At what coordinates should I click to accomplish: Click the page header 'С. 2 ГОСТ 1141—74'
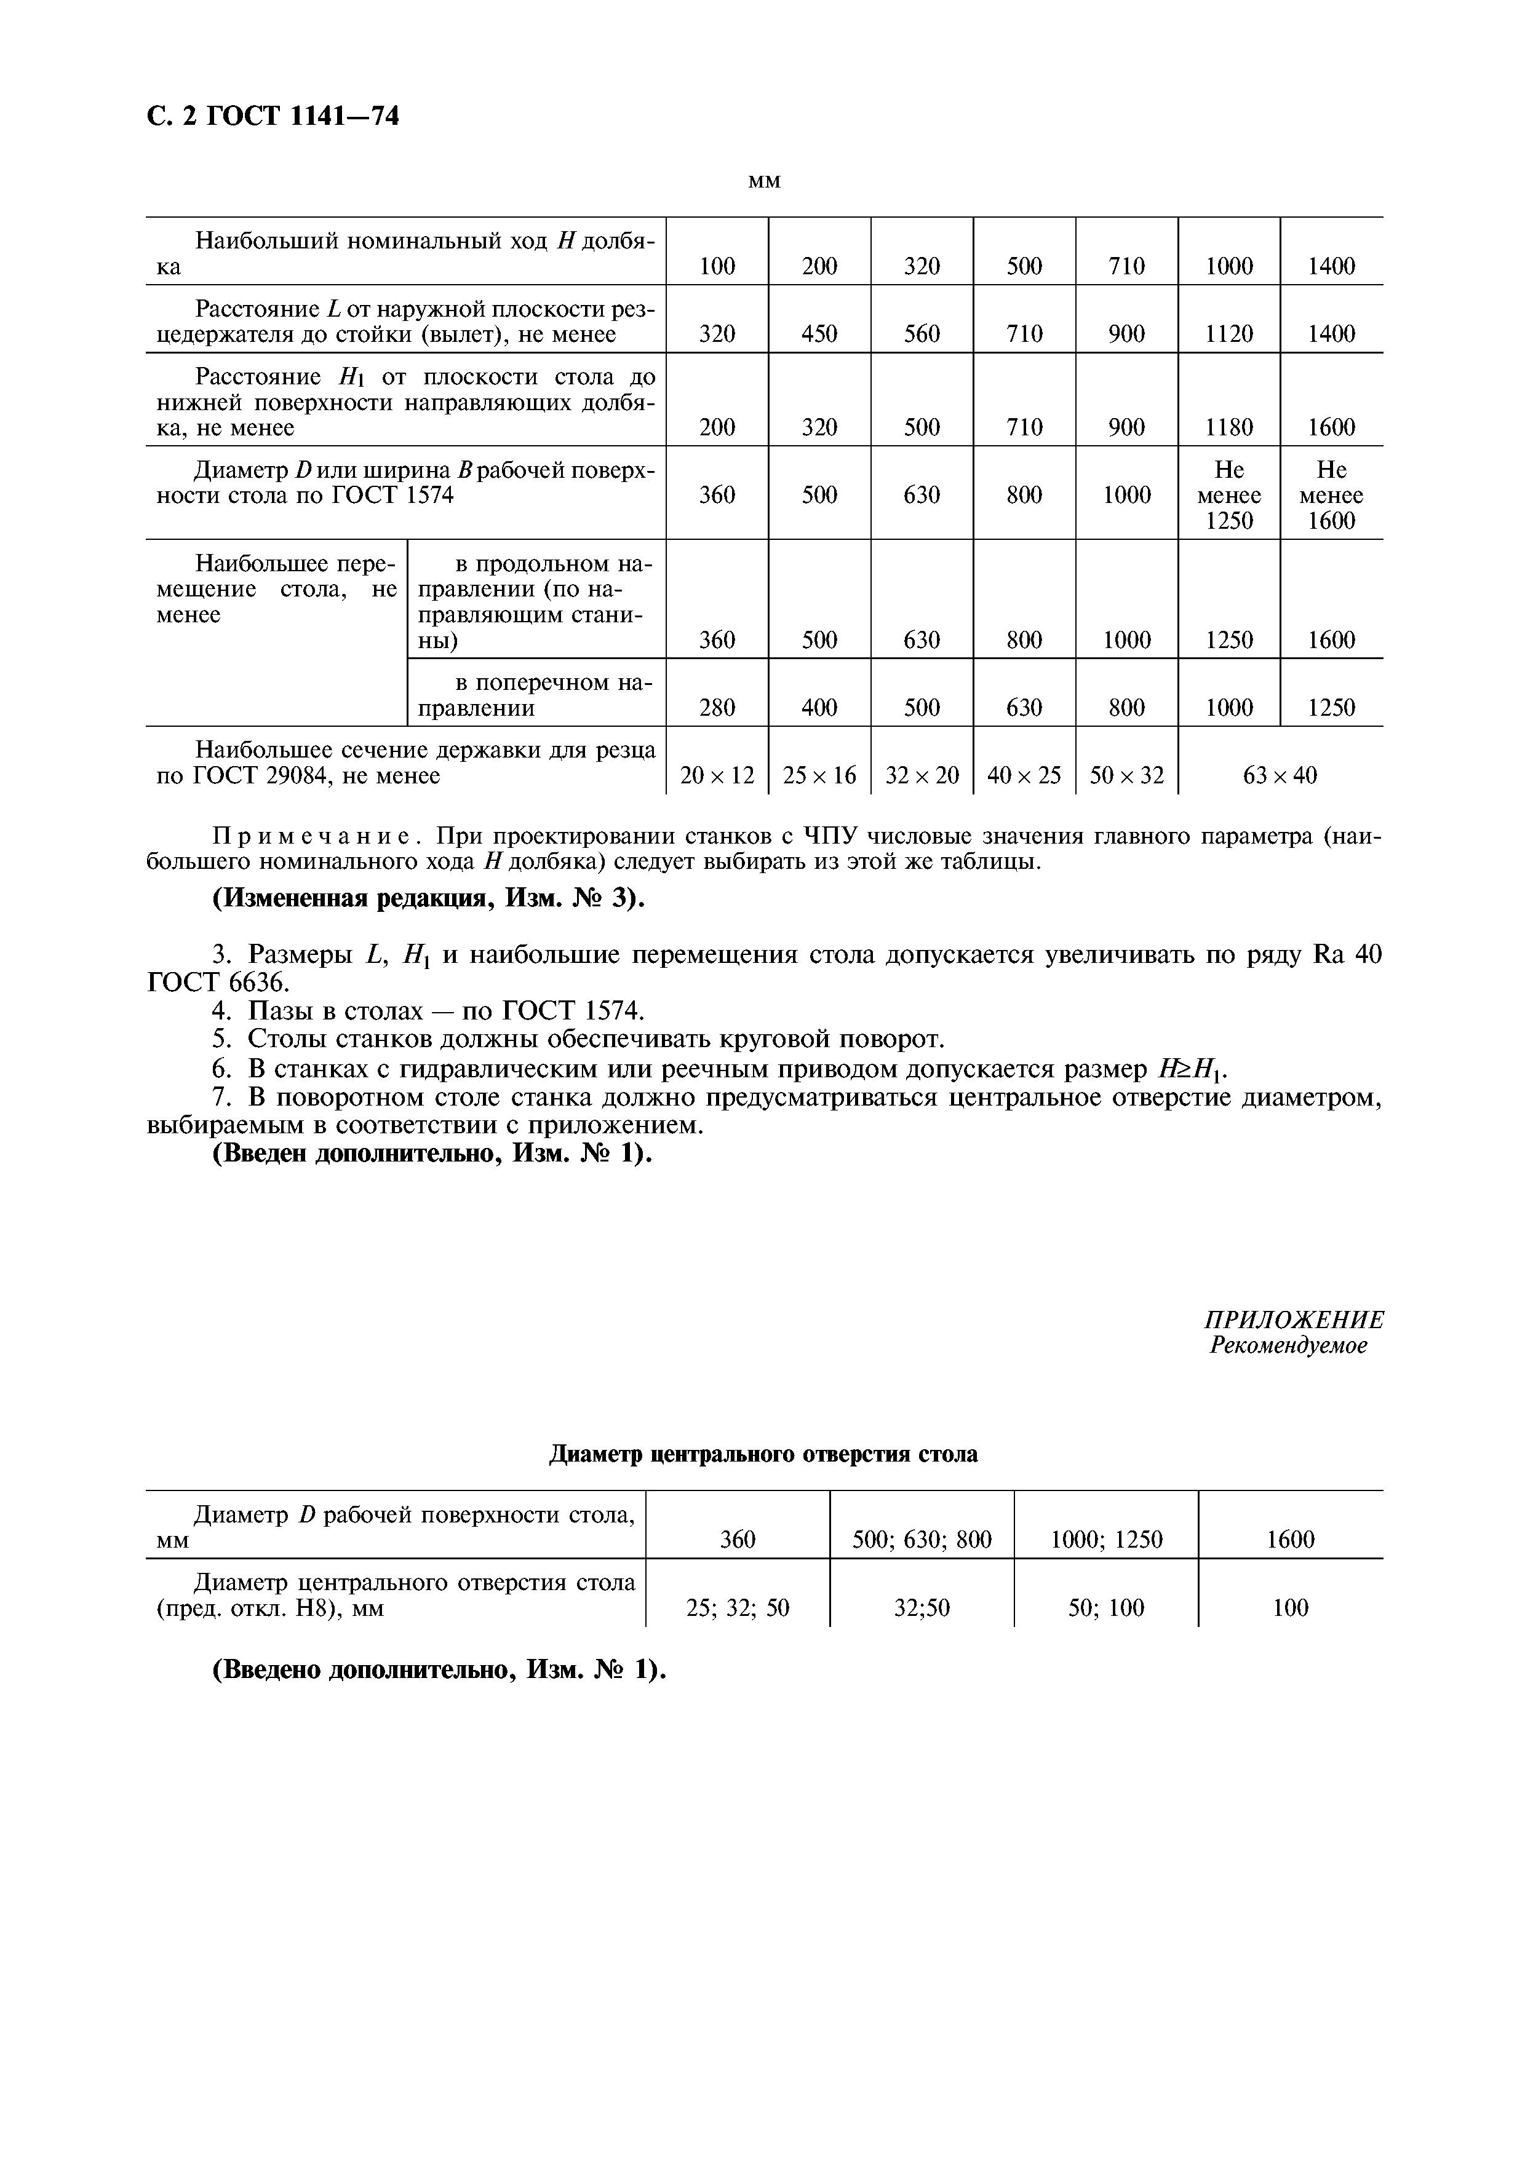click(x=273, y=116)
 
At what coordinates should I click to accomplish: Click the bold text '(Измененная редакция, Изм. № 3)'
click(x=429, y=898)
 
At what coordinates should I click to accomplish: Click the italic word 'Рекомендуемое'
click(x=1288, y=1345)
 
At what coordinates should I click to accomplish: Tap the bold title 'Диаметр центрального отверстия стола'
click(x=762, y=1454)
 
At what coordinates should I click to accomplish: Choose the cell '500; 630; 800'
click(x=921, y=1540)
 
